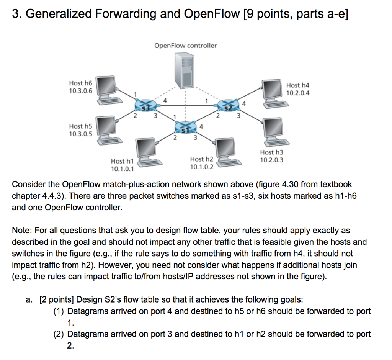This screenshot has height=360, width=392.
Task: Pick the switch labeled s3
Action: tap(144, 105)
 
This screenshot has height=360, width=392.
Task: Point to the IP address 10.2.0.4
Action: tap(298, 93)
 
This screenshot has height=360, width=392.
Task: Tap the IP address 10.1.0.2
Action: tap(202, 166)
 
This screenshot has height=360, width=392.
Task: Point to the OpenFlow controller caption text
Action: tap(185, 46)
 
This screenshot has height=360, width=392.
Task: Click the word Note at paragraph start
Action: tap(22, 231)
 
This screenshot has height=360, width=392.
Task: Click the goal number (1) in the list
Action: tap(59, 311)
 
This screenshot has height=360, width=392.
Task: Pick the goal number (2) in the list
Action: tap(59, 334)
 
